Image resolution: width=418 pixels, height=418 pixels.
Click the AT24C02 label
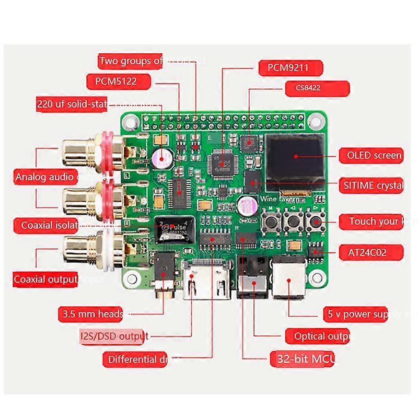(x=369, y=252)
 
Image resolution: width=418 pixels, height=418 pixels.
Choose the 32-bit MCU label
(x=303, y=359)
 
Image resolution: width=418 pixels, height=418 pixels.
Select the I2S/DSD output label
(x=113, y=336)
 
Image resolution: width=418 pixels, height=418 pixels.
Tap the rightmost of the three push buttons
(x=315, y=222)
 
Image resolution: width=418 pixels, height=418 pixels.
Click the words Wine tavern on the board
(x=280, y=199)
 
